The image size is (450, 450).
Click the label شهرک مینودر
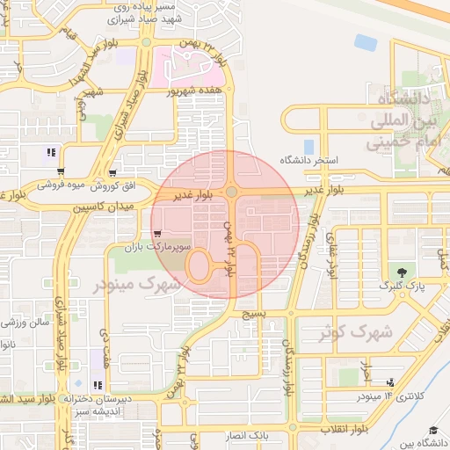[x=137, y=286]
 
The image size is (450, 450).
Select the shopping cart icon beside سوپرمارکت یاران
[x=156, y=235]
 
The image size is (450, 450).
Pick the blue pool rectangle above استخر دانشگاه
[x=308, y=146]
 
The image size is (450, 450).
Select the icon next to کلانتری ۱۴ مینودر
[x=389, y=383]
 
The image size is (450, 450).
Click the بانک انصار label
[x=270, y=435]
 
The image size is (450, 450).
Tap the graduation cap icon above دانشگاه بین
[x=432, y=430]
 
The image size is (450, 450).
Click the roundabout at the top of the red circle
[x=231, y=192]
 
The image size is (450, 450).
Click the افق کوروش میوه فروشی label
[x=79, y=187]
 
